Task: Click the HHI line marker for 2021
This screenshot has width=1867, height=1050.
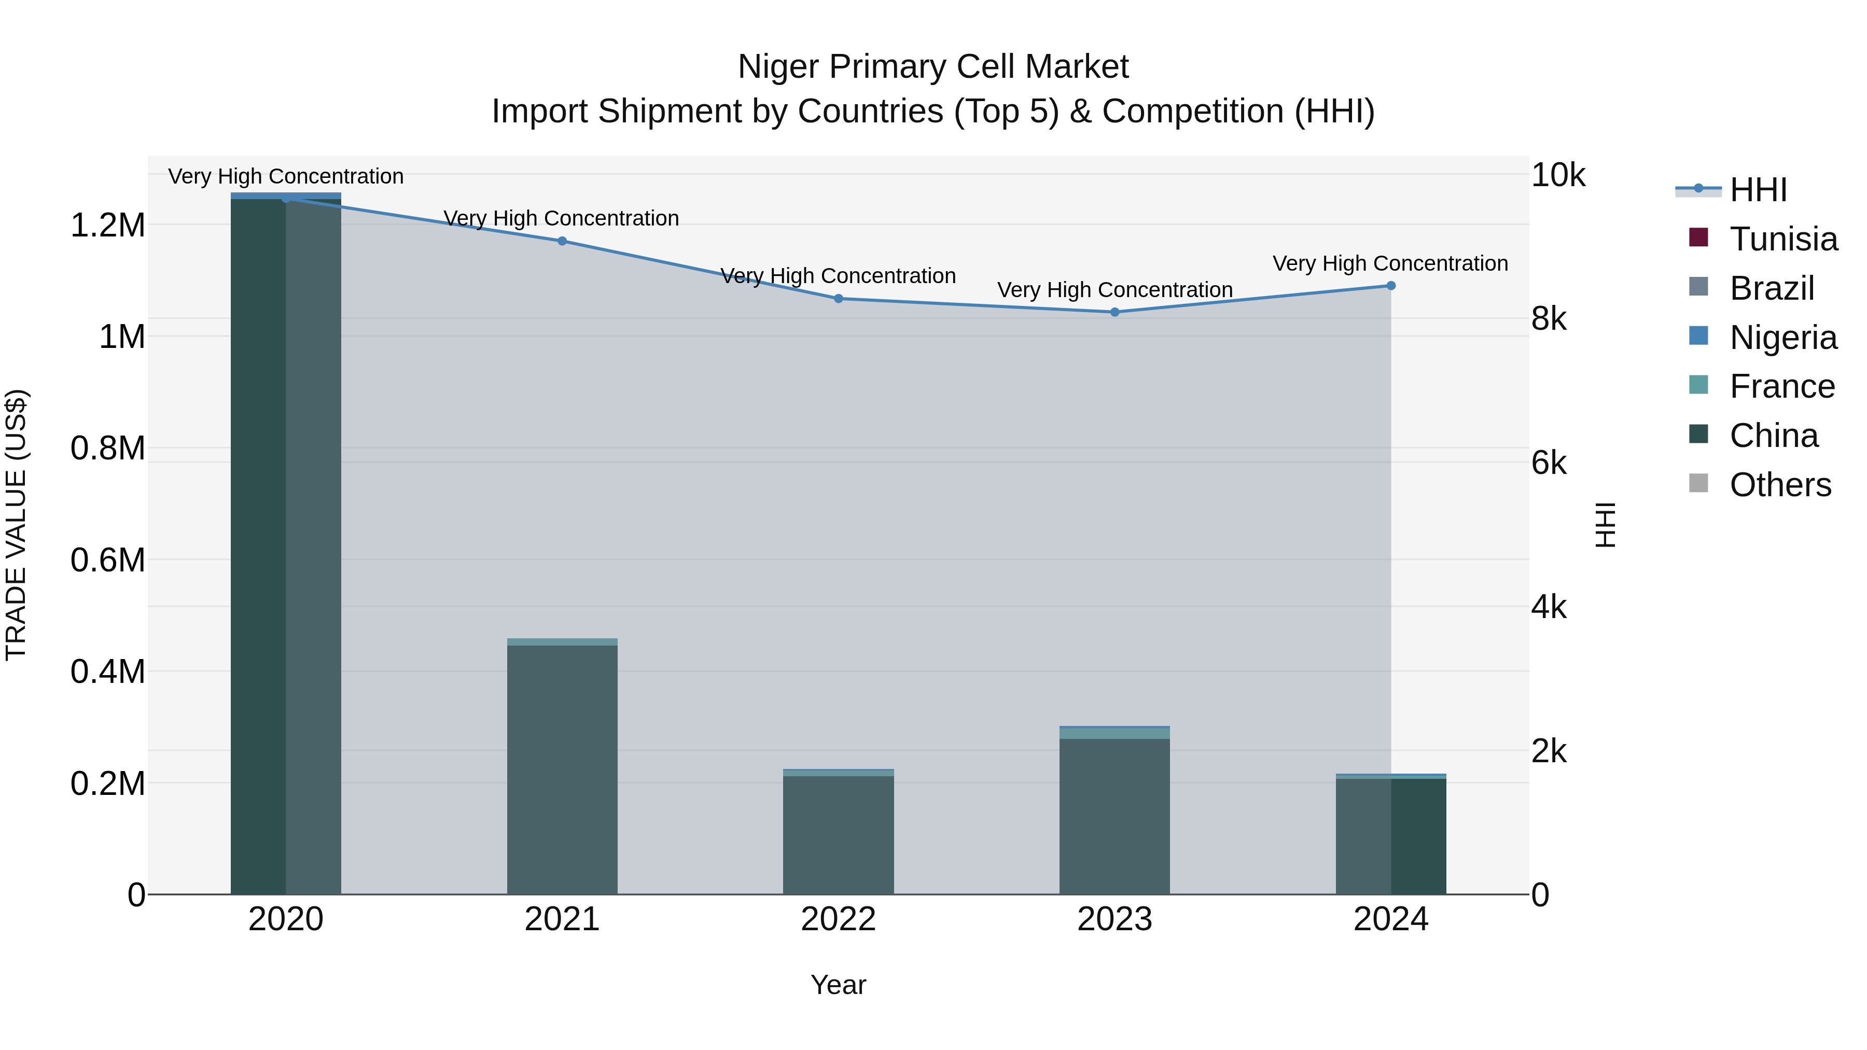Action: click(x=562, y=241)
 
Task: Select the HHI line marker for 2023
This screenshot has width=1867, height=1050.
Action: click(x=1114, y=312)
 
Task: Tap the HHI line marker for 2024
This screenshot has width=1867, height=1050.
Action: click(x=1391, y=286)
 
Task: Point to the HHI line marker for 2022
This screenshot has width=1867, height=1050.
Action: click(x=839, y=299)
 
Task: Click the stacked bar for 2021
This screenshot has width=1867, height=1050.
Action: click(x=562, y=768)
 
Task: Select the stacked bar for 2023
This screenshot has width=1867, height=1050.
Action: click(x=1114, y=811)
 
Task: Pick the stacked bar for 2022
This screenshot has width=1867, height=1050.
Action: click(x=839, y=833)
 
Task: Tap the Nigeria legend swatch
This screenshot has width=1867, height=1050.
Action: click(x=1698, y=336)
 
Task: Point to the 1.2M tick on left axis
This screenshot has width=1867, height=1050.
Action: click(x=107, y=226)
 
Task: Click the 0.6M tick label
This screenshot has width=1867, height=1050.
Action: click(x=107, y=560)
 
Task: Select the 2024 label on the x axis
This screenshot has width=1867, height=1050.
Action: click(x=1391, y=919)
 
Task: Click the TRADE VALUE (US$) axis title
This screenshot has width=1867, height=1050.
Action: click(x=16, y=525)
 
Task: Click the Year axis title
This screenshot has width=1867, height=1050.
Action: click(x=839, y=985)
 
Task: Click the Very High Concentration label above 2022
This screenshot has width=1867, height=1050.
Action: click(x=839, y=276)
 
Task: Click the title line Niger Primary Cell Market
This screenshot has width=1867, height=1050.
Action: click(x=933, y=67)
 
